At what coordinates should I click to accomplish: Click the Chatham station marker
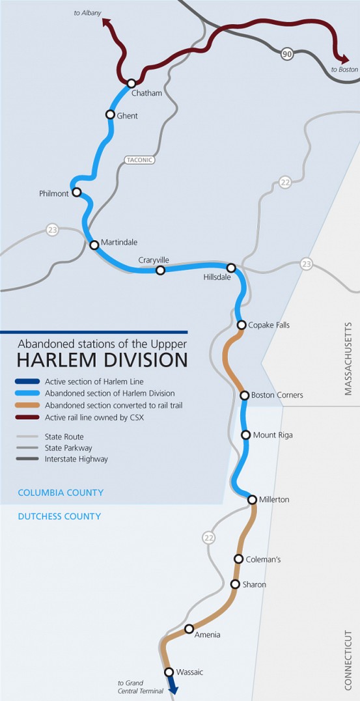point(132,83)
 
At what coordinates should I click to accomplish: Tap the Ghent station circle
point(111,115)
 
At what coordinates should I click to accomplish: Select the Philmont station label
point(54,194)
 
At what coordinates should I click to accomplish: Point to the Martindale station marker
point(94,245)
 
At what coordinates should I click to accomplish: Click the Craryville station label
point(154,260)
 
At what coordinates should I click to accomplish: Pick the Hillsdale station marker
point(231,268)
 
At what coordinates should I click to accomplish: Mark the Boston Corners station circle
point(245,395)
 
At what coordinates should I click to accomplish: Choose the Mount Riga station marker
point(245,435)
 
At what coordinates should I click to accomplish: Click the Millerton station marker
point(253,499)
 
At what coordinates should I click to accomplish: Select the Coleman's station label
point(264,559)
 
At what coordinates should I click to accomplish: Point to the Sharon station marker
point(236,584)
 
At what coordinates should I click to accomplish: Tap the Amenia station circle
point(189,629)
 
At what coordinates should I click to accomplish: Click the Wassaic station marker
point(169,672)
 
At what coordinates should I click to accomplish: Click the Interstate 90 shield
point(287,54)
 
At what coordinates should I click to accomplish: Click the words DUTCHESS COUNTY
point(59,516)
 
